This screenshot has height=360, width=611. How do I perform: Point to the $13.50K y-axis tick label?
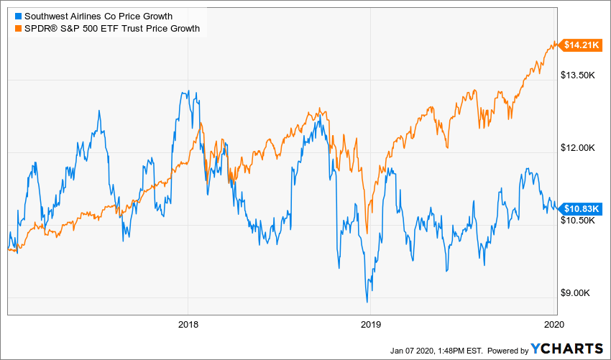click(x=579, y=75)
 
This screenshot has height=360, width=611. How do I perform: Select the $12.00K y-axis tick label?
click(x=579, y=148)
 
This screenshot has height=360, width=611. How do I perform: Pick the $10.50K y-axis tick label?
click(x=579, y=221)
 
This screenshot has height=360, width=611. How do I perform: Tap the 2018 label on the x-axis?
click(x=188, y=323)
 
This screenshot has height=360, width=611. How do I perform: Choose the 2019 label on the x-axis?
click(x=370, y=323)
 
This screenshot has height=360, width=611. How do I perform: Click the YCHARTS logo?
click(x=567, y=349)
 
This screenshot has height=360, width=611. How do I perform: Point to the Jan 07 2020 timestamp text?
click(x=435, y=350)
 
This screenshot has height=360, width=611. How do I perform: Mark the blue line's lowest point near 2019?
click(x=367, y=301)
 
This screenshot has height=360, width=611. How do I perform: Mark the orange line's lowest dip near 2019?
click(x=367, y=233)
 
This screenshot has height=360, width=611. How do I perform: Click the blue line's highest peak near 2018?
click(x=188, y=91)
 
